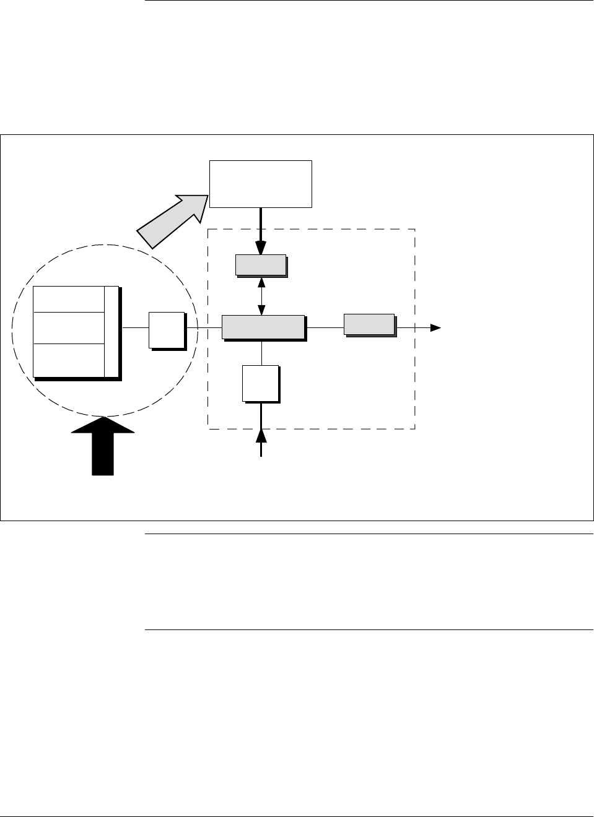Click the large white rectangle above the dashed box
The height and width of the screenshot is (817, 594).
coord(260,184)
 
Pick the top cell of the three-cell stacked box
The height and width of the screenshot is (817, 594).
coord(69,300)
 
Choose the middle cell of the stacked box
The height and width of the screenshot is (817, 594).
coord(69,328)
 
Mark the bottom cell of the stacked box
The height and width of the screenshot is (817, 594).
coord(69,360)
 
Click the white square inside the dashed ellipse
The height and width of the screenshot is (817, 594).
coord(167,331)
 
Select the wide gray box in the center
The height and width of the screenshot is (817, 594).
coord(263,327)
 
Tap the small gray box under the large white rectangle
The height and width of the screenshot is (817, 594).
coord(261,265)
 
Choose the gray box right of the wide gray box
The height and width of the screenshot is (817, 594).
coord(369,324)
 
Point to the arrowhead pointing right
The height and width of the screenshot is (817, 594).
coord(436,327)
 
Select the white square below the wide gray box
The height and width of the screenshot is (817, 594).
coord(260,383)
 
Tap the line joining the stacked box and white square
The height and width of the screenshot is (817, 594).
coord(135,327)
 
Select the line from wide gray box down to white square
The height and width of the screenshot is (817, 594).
coord(262,353)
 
